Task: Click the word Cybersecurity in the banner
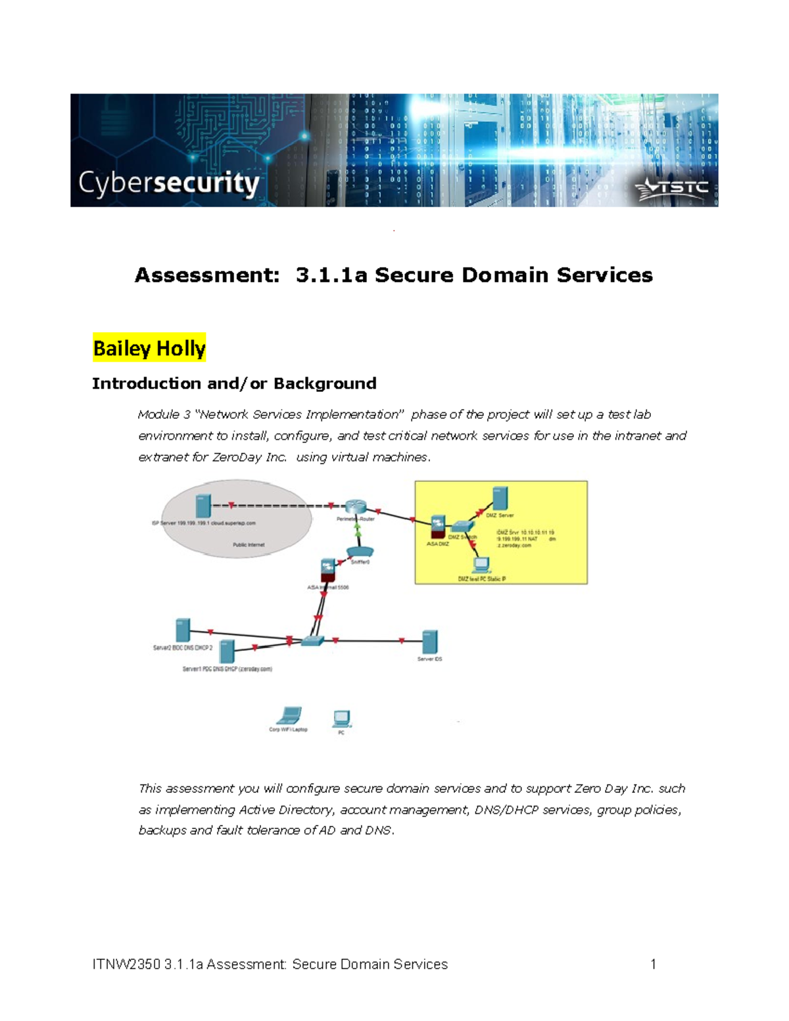(x=169, y=183)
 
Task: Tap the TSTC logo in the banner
(x=671, y=189)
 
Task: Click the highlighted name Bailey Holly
(x=149, y=348)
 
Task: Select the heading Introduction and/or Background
(x=234, y=383)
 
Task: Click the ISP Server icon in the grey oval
(x=203, y=506)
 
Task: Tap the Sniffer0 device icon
(x=359, y=551)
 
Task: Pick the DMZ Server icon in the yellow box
(x=500, y=499)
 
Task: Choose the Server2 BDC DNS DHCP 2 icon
(x=183, y=630)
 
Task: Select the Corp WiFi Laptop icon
(x=289, y=715)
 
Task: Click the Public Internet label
(x=249, y=545)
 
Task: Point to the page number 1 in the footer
(x=653, y=964)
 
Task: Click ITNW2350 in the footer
(x=126, y=964)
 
